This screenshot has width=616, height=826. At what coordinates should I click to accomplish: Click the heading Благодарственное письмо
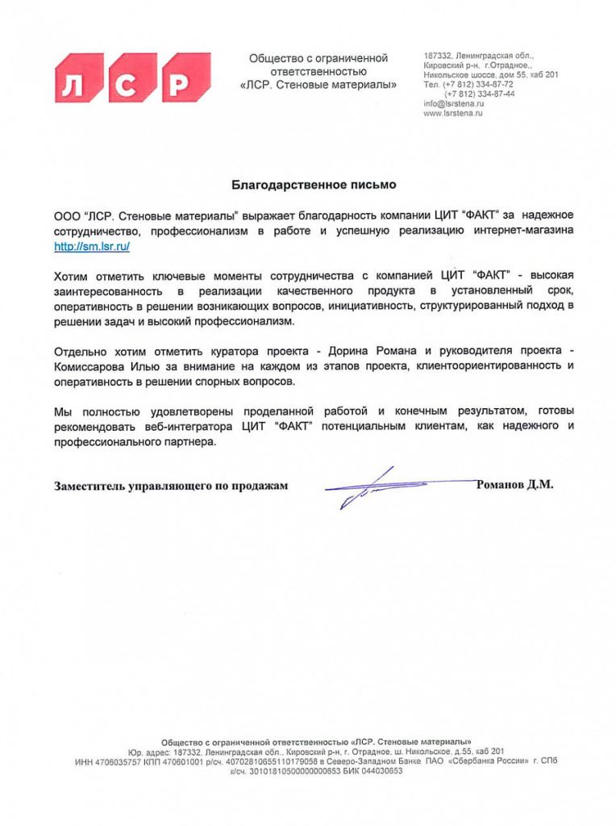point(314,185)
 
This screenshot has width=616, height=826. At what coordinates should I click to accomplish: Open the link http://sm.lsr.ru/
point(92,247)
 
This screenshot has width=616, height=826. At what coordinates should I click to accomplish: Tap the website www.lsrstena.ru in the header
point(453,114)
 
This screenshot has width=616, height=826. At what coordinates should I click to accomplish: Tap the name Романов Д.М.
point(515,485)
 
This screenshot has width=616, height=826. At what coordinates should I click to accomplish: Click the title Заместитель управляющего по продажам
point(171,486)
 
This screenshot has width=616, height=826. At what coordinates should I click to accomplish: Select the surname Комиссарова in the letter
point(90,366)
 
